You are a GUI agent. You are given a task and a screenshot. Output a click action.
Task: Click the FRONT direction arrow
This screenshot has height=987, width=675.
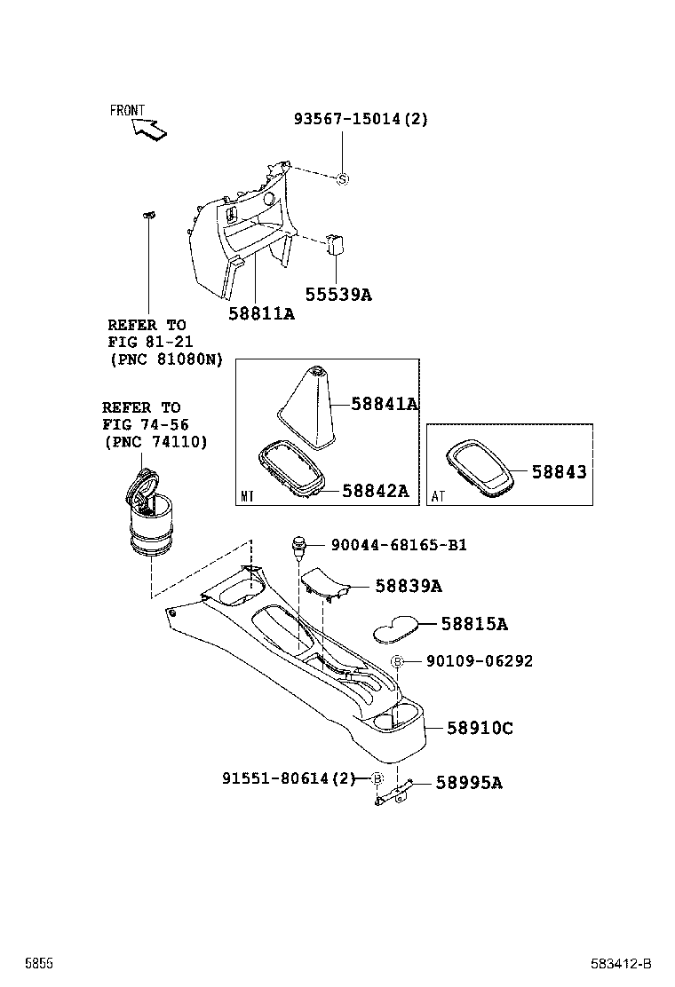(148, 130)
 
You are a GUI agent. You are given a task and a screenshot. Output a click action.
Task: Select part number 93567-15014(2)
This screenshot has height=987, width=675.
(361, 119)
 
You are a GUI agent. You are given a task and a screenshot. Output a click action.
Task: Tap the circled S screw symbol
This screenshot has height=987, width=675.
(342, 179)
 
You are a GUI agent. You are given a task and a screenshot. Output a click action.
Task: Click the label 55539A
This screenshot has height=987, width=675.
(338, 294)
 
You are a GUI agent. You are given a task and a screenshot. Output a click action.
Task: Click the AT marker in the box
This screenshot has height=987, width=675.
(439, 496)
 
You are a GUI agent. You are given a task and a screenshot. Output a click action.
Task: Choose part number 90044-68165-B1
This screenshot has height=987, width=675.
(399, 544)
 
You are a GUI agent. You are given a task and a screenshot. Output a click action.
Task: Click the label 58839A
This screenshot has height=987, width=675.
(409, 586)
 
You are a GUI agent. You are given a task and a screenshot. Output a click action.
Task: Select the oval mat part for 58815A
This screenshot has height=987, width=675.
(396, 627)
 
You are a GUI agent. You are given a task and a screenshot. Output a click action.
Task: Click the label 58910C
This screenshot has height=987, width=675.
(480, 728)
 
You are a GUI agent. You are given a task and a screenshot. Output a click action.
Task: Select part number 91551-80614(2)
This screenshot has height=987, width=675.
(288, 778)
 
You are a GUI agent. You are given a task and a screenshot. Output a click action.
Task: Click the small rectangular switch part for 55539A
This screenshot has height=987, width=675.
(336, 244)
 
